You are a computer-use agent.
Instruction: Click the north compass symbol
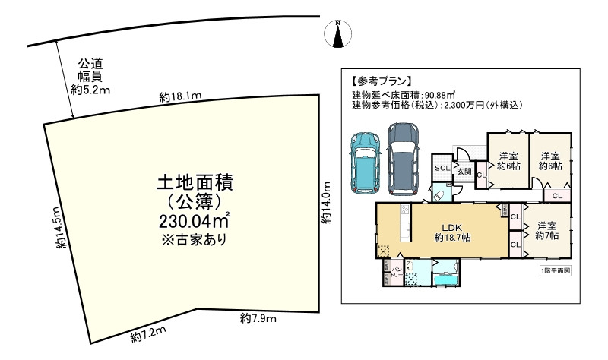point(339,32)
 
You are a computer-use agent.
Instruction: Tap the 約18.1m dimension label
point(180,96)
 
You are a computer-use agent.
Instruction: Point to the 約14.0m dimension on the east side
point(325,204)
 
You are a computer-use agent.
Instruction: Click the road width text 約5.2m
point(90,90)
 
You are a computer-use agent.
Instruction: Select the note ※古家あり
point(194,239)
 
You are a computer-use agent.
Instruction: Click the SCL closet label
point(441,169)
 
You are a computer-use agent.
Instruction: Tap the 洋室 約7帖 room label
point(546,232)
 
